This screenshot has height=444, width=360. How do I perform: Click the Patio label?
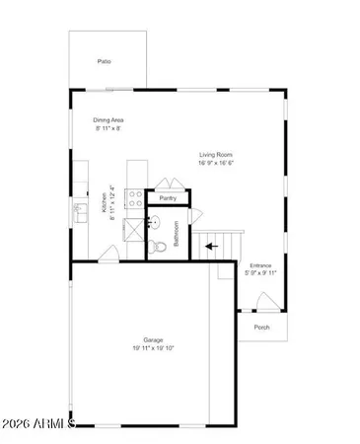pos(104,62)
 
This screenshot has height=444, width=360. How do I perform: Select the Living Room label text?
pos(217,155)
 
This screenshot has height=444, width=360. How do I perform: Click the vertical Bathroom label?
pos(177,238)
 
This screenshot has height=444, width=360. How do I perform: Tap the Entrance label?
pos(261,266)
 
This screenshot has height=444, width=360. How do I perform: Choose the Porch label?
pos(261,328)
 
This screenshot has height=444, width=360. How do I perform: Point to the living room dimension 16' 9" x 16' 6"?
pos(217,164)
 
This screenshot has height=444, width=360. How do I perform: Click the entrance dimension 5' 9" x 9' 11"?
pos(261,273)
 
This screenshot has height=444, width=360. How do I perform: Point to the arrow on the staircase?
pos(210,247)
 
